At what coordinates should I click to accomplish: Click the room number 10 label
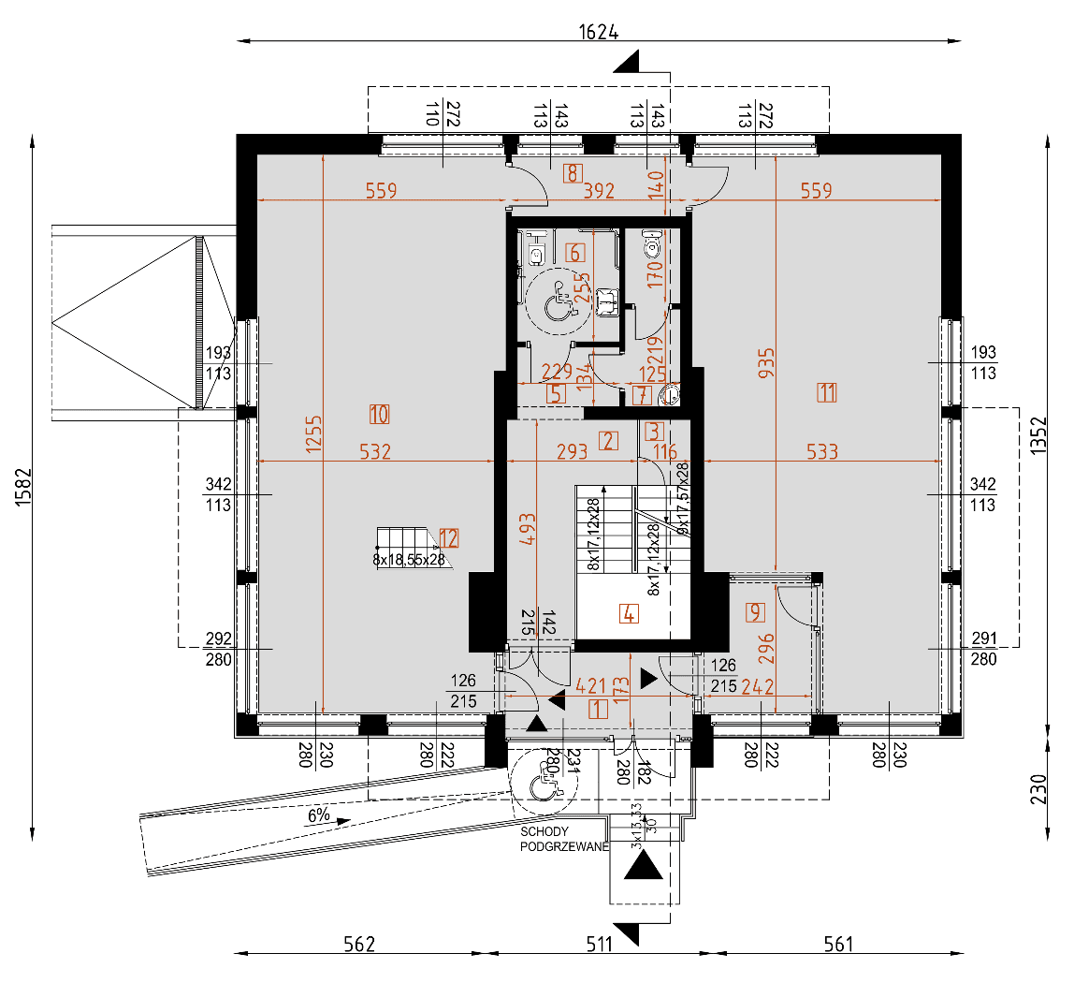coord(379,413)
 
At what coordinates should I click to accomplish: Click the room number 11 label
coord(826,392)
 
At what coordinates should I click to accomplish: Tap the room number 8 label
coord(573,172)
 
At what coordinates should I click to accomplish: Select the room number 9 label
coord(755,613)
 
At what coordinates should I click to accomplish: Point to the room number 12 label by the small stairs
coord(449,537)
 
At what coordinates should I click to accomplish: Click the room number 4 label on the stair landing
coord(629,615)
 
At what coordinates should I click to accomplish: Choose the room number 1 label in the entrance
coord(598,709)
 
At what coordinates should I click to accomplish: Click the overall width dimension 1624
coord(599,31)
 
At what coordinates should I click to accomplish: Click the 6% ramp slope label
coord(319,815)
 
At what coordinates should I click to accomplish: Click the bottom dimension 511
coord(599,944)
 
